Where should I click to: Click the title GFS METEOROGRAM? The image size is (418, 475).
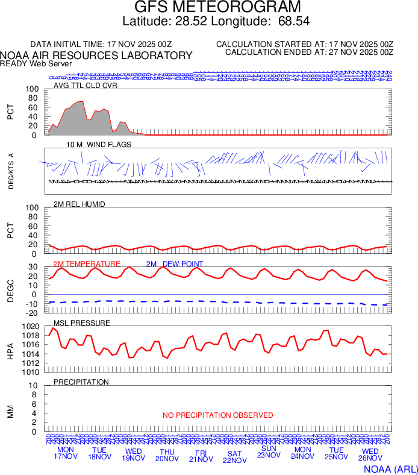click(x=208, y=7)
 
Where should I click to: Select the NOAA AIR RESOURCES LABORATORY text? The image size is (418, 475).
click(x=96, y=55)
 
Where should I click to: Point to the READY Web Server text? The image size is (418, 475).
click(x=36, y=63)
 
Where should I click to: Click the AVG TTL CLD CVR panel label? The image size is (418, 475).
click(x=86, y=85)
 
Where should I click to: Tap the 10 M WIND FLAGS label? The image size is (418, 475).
click(x=99, y=145)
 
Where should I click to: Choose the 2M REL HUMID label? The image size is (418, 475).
click(x=80, y=204)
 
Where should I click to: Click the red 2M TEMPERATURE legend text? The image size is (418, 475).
click(x=87, y=264)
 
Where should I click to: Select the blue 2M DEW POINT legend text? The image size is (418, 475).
click(x=175, y=264)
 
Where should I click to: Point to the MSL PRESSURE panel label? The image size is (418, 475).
click(x=82, y=323)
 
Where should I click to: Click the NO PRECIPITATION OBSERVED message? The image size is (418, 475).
click(x=218, y=415)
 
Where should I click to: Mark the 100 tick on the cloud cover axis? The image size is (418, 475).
click(x=31, y=89)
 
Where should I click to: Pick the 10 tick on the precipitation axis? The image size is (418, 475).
click(x=34, y=386)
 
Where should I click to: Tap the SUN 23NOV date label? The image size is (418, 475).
click(x=269, y=451)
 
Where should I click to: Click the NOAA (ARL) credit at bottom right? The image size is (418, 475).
click(x=390, y=468)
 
